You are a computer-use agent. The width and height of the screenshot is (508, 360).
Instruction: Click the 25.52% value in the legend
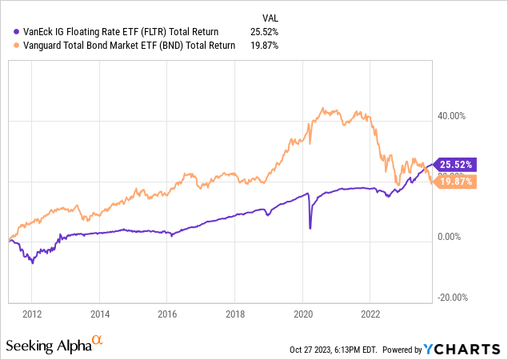(266, 32)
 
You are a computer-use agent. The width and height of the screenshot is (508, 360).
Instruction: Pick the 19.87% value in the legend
(266, 46)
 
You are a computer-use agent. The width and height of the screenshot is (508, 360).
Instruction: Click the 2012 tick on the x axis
(32, 313)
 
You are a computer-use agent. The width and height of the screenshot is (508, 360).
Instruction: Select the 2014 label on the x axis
(100, 313)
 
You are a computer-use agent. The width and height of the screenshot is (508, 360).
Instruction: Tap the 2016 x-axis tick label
(167, 313)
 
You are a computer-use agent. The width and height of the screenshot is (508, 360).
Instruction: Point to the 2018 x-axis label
(235, 313)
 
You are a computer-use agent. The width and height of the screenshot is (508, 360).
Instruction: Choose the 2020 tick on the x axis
(302, 313)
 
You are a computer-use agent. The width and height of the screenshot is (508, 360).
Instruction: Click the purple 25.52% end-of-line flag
(454, 164)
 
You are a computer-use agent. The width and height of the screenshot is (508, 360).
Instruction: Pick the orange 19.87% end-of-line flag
(454, 182)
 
